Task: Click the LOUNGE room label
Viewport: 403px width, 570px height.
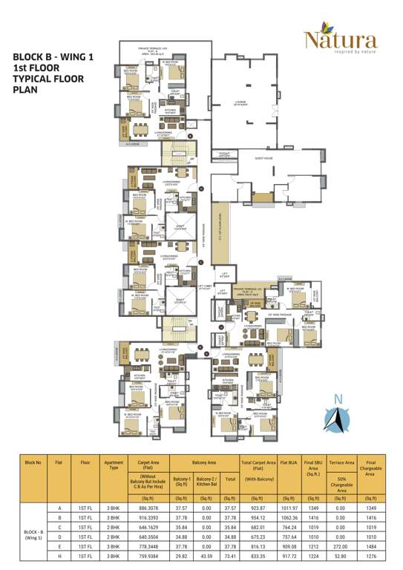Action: [239, 103]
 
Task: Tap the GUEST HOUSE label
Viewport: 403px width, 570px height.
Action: [264, 158]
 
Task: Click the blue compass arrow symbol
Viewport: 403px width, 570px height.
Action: [338, 422]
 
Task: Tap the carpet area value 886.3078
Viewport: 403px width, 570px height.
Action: [148, 508]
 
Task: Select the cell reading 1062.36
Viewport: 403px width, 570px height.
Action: [289, 517]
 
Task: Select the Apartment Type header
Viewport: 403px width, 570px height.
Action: [114, 465]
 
